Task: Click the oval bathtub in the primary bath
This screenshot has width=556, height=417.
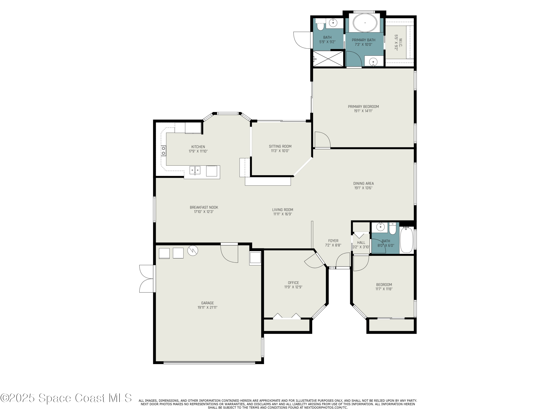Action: [x=365, y=23]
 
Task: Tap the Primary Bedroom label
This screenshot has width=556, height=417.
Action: [x=363, y=107]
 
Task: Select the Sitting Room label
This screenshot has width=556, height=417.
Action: [x=280, y=146]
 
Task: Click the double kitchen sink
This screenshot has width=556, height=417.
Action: [x=195, y=170]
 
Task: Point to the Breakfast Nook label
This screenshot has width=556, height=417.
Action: [x=204, y=207]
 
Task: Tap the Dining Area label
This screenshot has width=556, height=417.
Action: [x=363, y=183]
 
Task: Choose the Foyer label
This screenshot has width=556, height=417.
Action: [x=333, y=241]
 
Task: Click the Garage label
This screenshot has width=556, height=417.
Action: [x=207, y=303]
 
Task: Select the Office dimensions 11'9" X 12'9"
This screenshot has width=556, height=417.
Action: [x=293, y=287]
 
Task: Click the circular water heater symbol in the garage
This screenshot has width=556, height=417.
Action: [x=193, y=250]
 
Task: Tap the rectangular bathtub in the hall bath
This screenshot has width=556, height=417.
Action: [x=406, y=240]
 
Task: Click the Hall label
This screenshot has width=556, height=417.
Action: [x=361, y=243]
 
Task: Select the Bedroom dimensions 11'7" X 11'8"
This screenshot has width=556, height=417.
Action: [x=384, y=289]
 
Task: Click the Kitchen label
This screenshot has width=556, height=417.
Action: [x=198, y=147]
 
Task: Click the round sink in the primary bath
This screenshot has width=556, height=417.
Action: [x=373, y=61]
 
